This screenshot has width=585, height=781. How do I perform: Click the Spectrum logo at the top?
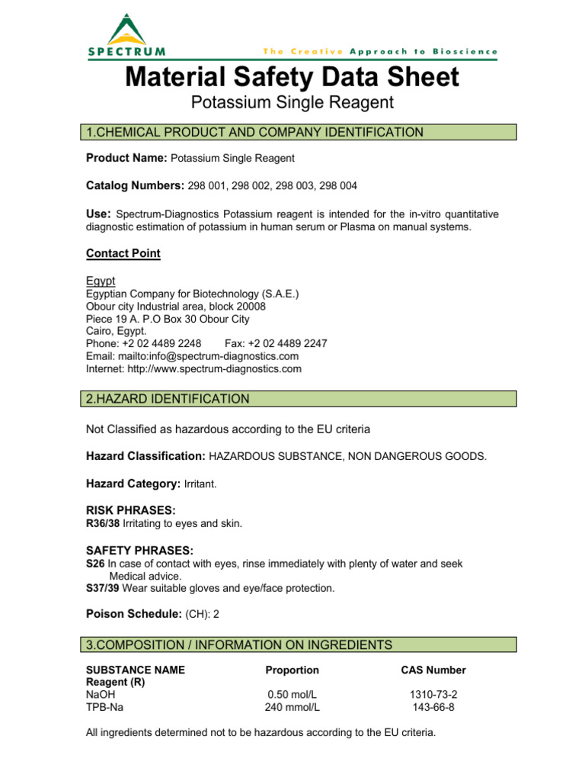(x=126, y=36)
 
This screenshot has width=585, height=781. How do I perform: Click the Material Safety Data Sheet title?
(x=292, y=77)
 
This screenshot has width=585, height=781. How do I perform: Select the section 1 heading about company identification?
(x=254, y=133)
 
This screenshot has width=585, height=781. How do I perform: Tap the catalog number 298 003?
(x=292, y=185)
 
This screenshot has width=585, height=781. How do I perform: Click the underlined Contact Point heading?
(x=123, y=253)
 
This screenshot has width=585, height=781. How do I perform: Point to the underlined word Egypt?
(x=101, y=281)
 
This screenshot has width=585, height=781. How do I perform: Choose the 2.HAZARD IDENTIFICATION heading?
(x=168, y=399)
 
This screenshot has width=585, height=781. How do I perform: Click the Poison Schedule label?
(x=134, y=614)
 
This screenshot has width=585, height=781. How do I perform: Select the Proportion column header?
(x=292, y=670)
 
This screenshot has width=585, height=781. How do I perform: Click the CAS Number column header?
(x=433, y=670)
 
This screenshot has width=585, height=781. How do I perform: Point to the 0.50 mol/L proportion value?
(x=292, y=695)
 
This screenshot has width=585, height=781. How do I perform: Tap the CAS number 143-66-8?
(x=433, y=707)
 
